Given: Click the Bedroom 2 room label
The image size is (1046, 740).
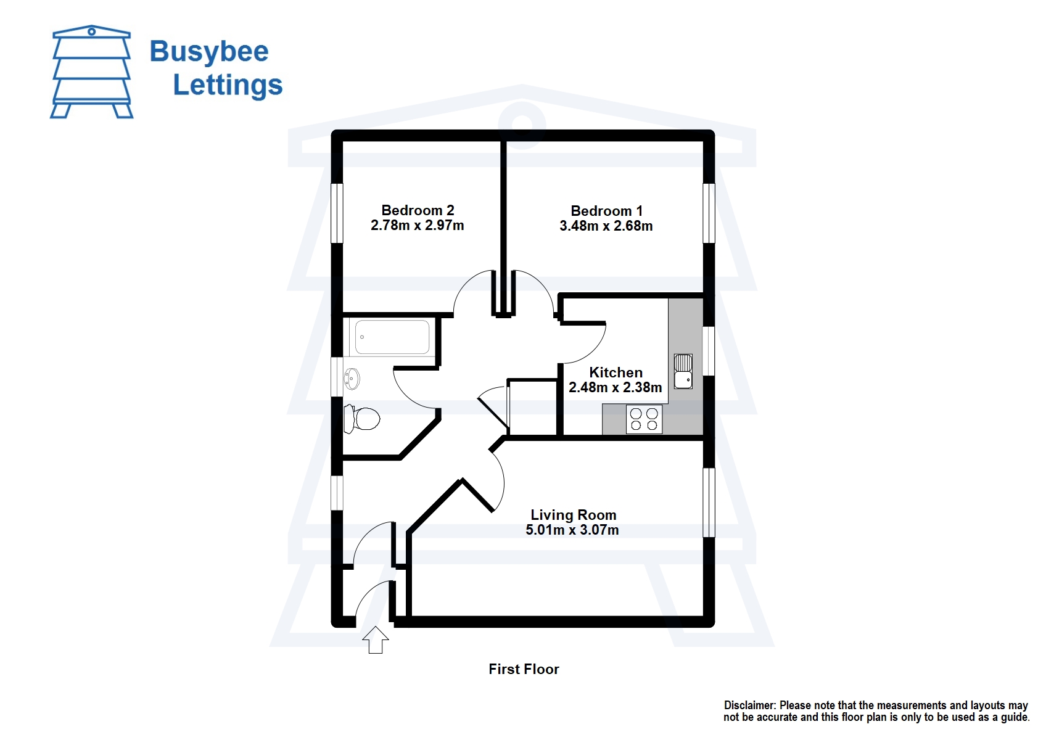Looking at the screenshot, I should [x=418, y=210].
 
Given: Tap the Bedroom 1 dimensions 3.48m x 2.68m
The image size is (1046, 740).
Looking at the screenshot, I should [x=606, y=226].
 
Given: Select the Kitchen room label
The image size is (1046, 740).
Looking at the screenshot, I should [x=616, y=372].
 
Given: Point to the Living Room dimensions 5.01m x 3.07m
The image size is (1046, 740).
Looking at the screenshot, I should [x=572, y=530].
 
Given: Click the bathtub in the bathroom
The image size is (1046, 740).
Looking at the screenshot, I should [x=392, y=337].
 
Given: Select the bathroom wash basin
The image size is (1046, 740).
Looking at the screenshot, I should [x=352, y=378].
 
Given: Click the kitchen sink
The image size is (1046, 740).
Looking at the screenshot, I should [x=683, y=371].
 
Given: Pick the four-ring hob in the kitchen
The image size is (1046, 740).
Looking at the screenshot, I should [x=644, y=419].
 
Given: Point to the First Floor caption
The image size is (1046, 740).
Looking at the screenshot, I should [x=524, y=669].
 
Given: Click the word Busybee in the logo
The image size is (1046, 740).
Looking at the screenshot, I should [x=209, y=52].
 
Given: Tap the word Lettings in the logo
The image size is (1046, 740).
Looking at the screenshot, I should [x=228, y=85].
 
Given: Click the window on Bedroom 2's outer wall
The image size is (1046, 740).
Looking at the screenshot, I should [x=337, y=213].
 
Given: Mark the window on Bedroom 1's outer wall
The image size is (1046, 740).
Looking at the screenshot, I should [x=709, y=213].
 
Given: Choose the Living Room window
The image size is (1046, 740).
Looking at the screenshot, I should [x=709, y=502].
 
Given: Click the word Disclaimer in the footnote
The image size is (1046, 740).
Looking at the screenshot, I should [x=749, y=705].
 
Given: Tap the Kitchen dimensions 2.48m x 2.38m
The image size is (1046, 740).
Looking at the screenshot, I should [x=615, y=388].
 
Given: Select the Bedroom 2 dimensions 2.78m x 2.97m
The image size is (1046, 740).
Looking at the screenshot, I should [x=417, y=226].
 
